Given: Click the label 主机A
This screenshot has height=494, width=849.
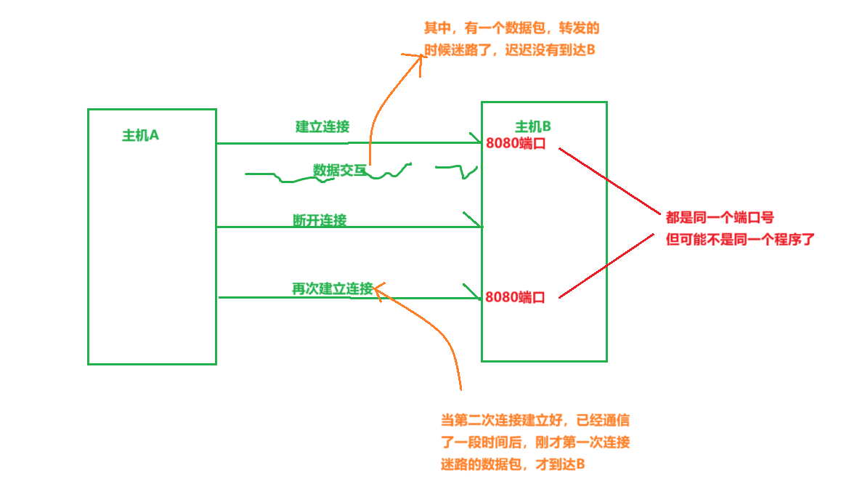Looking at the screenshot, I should coord(140,135).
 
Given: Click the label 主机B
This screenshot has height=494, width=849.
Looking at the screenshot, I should coord(533,126).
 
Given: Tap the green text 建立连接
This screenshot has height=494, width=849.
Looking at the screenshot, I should coord(322,126).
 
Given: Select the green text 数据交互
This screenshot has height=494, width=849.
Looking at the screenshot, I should coord(340,170).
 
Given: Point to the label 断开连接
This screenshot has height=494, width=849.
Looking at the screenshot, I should coord(320,220).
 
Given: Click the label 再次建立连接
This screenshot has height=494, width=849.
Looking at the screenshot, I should coord(332,288).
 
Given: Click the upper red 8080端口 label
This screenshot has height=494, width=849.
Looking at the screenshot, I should coord(516,143).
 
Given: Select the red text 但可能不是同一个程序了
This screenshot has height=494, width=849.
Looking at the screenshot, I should coord(740,238).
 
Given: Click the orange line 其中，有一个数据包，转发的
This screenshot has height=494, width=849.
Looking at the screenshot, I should coord(511,29).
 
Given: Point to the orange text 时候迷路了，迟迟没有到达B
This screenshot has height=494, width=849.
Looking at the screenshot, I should coord(509,51).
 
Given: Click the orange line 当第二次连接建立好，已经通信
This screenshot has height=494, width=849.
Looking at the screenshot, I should coord(535,420).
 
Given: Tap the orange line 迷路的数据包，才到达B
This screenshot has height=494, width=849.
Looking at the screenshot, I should coord(513,464).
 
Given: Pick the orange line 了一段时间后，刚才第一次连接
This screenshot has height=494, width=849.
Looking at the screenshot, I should coord(535,442).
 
